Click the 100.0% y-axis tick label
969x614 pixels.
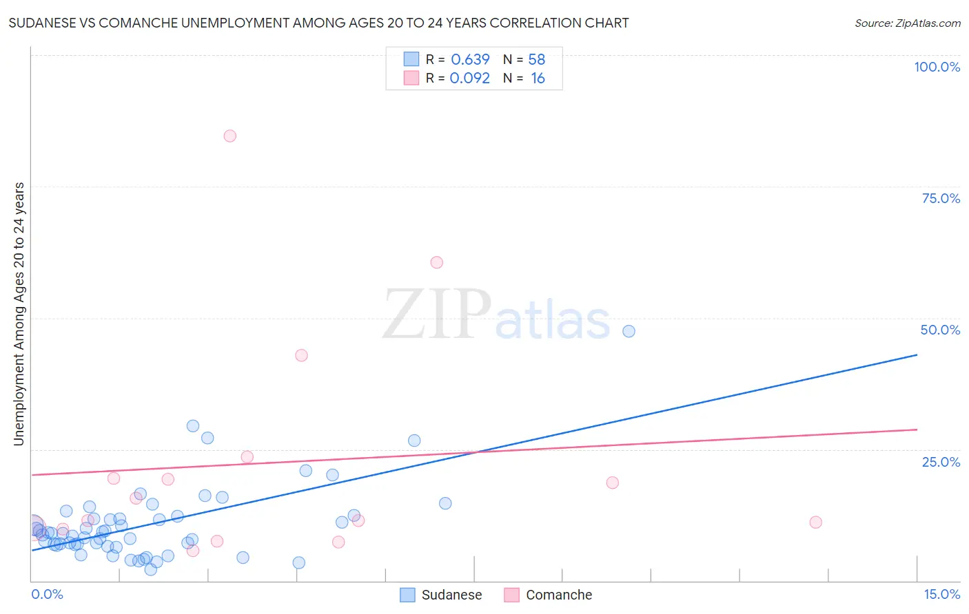[x=937, y=67]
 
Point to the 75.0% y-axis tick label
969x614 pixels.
[x=941, y=198]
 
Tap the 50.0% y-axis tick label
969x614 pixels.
[x=940, y=330]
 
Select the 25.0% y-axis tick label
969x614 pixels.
[x=941, y=462]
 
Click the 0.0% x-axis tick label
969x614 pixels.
[x=47, y=594]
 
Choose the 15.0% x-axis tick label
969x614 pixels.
[x=941, y=594]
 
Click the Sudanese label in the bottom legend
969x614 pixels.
[x=451, y=595]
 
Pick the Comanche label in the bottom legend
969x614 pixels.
[x=558, y=595]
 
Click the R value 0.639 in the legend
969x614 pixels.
[x=470, y=59]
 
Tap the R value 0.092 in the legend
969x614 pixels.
[x=469, y=78]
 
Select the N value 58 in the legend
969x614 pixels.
[x=537, y=59]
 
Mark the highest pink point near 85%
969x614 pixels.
[x=230, y=136]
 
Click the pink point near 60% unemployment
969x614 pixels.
[x=436, y=262]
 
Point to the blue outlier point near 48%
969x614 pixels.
[x=629, y=331]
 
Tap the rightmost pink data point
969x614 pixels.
[x=816, y=522]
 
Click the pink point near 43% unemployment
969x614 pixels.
[x=301, y=355]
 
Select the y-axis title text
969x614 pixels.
[x=19, y=314]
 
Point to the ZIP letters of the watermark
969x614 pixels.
[x=437, y=315]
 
